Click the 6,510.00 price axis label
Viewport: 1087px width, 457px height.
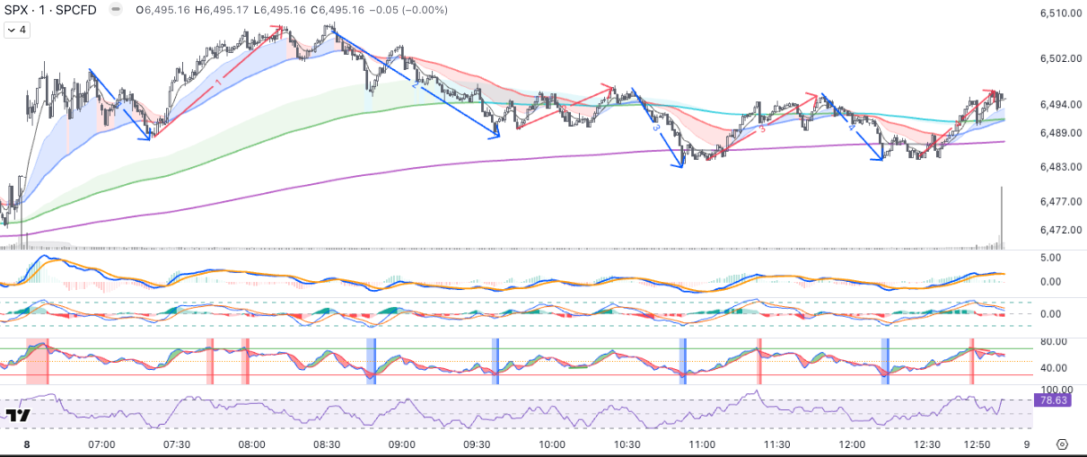(1058, 13)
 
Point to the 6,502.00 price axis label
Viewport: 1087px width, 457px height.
(1058, 58)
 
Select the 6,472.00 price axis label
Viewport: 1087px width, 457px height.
(1058, 230)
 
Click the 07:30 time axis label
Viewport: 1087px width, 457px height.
(177, 444)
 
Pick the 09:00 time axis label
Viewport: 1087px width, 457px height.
(401, 444)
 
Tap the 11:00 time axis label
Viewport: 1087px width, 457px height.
(701, 444)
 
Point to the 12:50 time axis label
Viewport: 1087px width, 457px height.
(977, 444)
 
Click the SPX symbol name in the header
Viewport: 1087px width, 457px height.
(20, 10)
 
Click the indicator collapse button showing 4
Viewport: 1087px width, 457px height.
(17, 30)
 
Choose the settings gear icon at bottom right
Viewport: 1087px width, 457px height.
(1062, 444)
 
